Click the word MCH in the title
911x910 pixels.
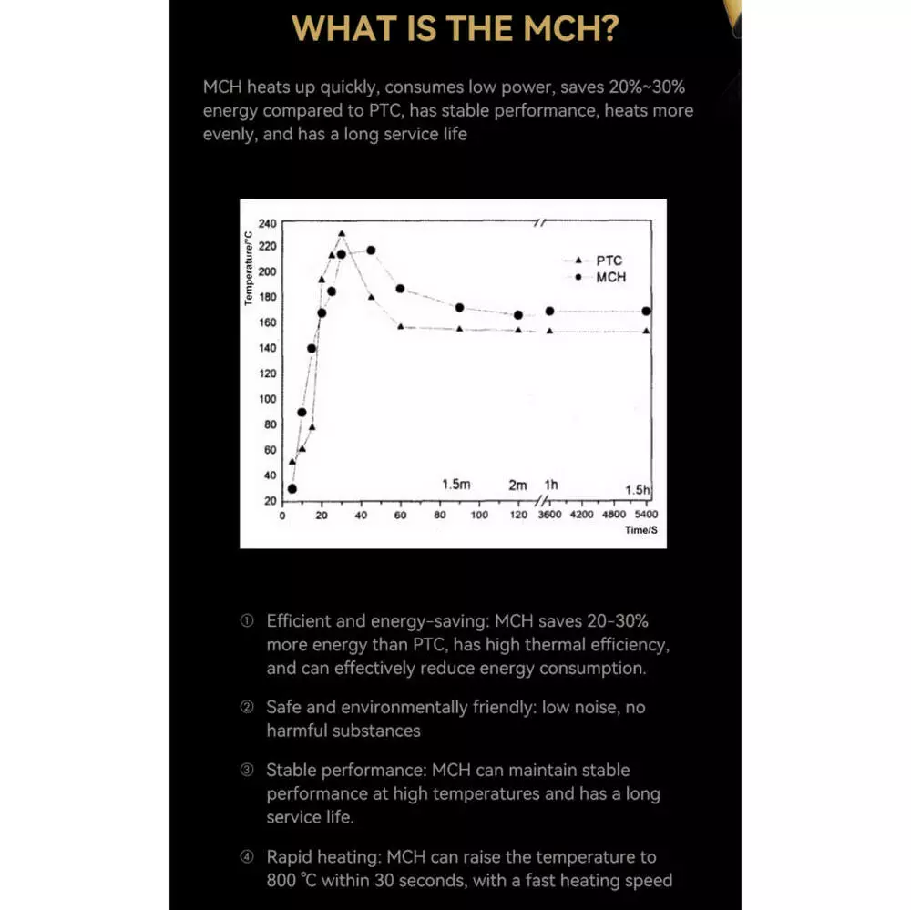(568, 28)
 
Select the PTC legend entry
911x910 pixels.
(609, 261)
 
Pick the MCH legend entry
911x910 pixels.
(610, 277)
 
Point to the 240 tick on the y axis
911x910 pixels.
(266, 223)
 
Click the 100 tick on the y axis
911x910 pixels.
(266, 399)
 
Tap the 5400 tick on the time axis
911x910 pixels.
(645, 515)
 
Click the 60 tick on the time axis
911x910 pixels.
(400, 515)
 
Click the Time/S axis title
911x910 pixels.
(641, 529)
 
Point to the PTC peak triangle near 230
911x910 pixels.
(342, 234)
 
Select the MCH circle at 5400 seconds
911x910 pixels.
(646, 312)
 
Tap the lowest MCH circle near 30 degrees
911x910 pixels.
(292, 489)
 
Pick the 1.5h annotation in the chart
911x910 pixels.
(638, 490)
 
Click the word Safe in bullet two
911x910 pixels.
(284, 707)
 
